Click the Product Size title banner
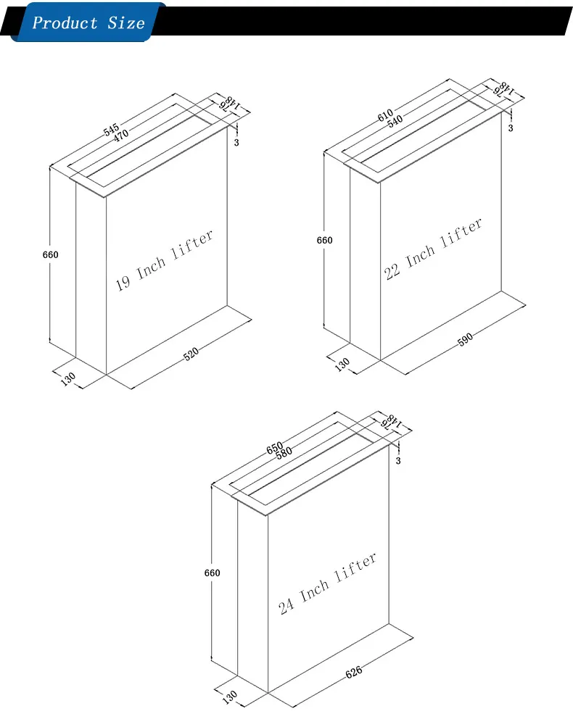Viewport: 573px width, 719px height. point(88,22)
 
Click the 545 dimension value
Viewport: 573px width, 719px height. point(111,130)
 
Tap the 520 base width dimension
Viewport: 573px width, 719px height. point(191,353)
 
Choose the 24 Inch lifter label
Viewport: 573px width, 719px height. point(328,584)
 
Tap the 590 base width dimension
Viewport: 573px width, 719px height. point(465,337)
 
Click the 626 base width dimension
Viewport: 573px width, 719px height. point(353,672)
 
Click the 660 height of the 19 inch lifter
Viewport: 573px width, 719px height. point(50,255)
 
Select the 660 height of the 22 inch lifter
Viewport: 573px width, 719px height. point(325,241)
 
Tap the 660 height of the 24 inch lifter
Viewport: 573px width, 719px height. point(212,573)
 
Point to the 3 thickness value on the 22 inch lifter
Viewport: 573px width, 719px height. point(511,128)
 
